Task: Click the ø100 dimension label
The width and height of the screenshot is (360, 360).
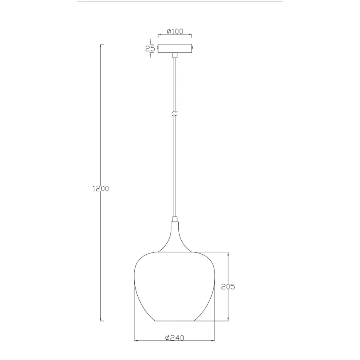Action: point(175,32)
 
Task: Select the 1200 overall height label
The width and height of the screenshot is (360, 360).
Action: point(100,189)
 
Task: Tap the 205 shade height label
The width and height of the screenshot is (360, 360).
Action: point(228,286)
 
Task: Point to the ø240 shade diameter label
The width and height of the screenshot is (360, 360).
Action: point(174,338)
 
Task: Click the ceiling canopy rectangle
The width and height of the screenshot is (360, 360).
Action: point(175,49)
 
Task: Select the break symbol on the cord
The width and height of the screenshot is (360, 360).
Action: point(175,115)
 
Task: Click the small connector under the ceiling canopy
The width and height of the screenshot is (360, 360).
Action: point(175,55)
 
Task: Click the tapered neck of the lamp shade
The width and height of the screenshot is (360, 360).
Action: point(175,236)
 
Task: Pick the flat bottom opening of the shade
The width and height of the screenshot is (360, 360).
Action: point(175,321)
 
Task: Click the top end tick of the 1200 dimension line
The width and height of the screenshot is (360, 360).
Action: point(102,44)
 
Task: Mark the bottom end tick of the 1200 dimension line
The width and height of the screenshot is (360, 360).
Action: point(102,321)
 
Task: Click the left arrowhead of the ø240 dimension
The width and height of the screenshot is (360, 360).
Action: point(135,341)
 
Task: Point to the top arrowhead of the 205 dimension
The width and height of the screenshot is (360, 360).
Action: point(228,253)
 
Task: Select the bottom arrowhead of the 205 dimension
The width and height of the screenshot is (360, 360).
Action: point(228,319)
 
